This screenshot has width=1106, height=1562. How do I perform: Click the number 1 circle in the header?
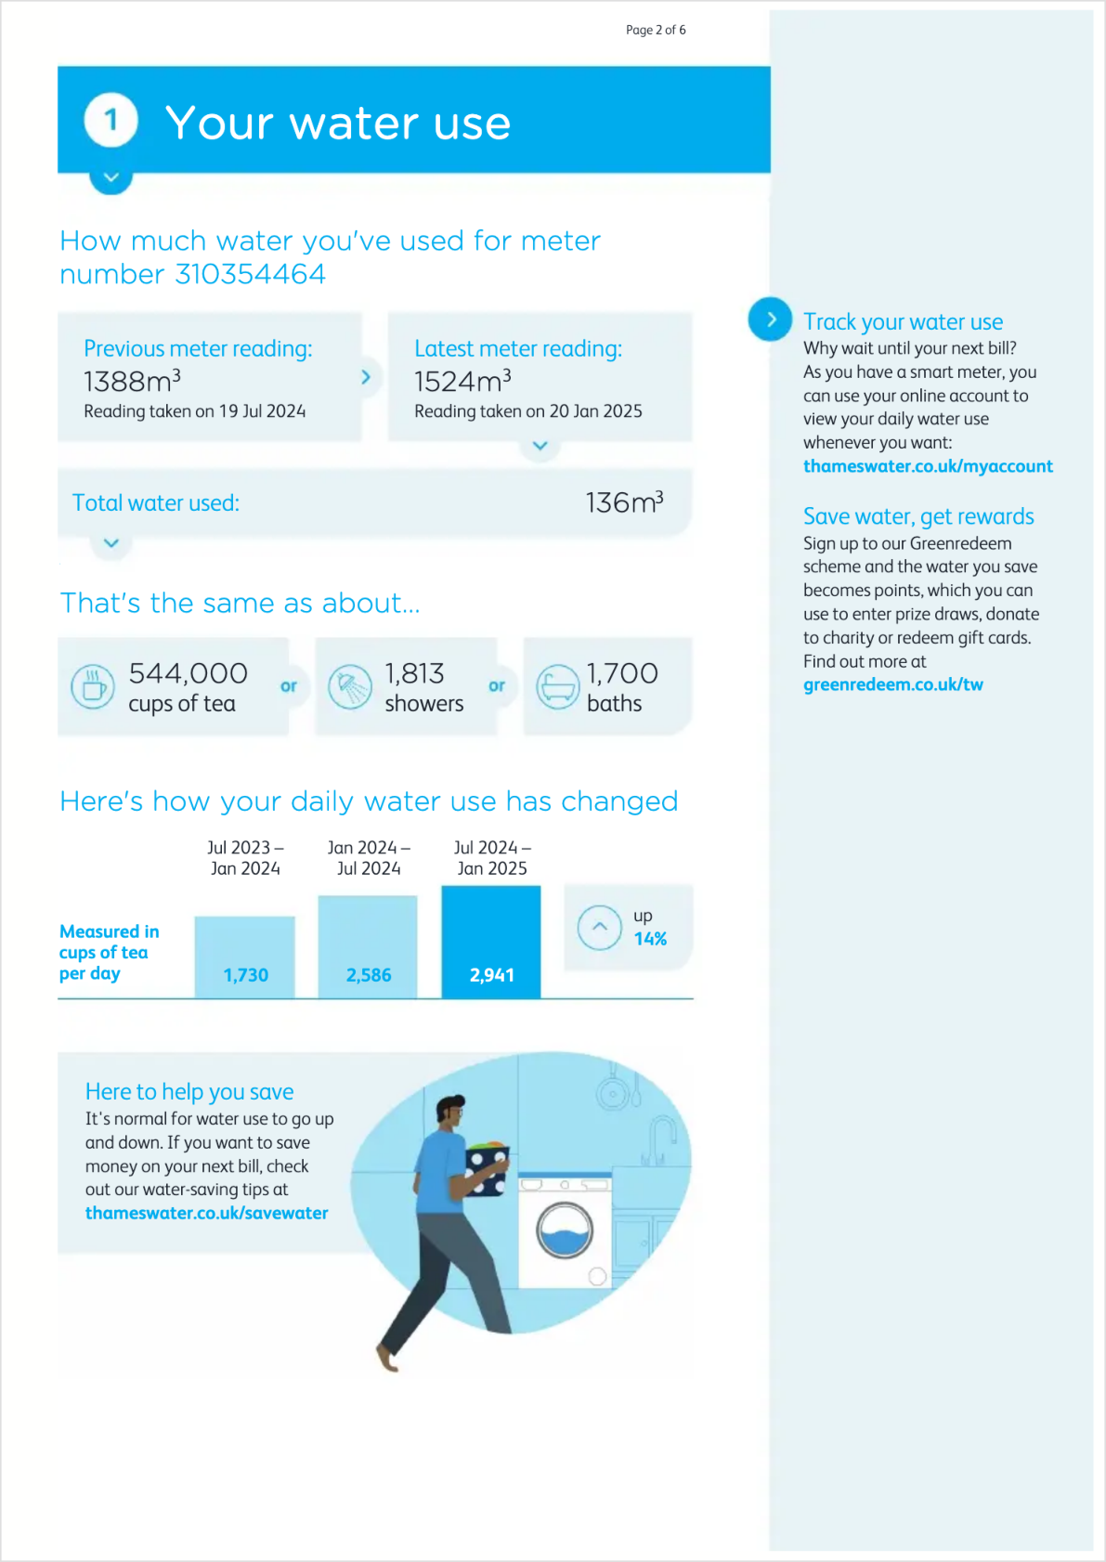(111, 120)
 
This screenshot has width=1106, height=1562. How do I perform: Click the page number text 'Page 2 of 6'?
(656, 30)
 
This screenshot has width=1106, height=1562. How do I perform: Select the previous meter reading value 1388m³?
(133, 381)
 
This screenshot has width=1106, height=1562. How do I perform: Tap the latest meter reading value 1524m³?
(463, 381)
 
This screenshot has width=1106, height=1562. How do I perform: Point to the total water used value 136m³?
(624, 502)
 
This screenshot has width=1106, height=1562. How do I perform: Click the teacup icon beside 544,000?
(93, 687)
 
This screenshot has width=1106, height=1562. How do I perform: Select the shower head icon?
(350, 687)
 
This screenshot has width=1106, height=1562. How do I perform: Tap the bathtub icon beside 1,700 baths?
(558, 687)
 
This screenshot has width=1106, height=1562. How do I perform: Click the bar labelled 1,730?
(245, 957)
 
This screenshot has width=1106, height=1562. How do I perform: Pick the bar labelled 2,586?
(368, 947)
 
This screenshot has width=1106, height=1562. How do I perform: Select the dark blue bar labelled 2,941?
(491, 942)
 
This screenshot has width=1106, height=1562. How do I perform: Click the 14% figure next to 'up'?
(650, 939)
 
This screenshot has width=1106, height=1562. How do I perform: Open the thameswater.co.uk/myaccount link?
(928, 466)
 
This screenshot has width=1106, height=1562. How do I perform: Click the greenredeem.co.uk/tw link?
(892, 684)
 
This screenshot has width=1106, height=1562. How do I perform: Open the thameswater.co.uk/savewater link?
(206, 1213)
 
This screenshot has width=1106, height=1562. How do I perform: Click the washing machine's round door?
(565, 1230)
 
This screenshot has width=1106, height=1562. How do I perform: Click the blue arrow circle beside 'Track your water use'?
(770, 319)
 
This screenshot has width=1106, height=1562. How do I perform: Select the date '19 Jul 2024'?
(262, 411)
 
